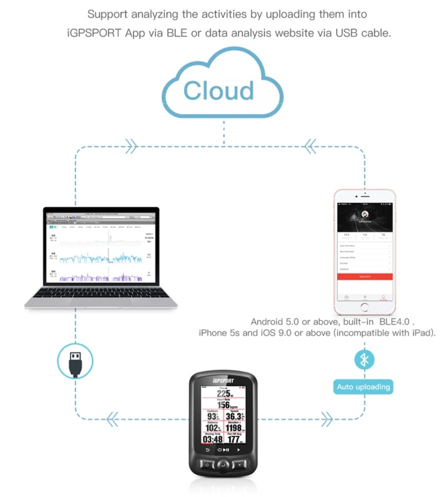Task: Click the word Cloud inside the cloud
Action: [218, 91]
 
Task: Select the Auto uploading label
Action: [363, 387]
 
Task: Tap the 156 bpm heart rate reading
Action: [223, 405]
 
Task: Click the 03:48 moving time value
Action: [211, 439]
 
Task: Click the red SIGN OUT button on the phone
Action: [365, 276]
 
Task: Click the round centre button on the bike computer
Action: [223, 466]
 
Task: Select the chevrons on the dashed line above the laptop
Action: [132, 147]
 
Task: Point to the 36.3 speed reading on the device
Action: [233, 416]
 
